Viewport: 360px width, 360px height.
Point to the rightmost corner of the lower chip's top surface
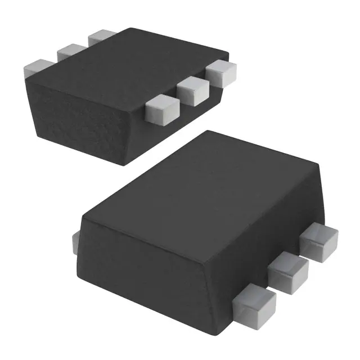(319, 164)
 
